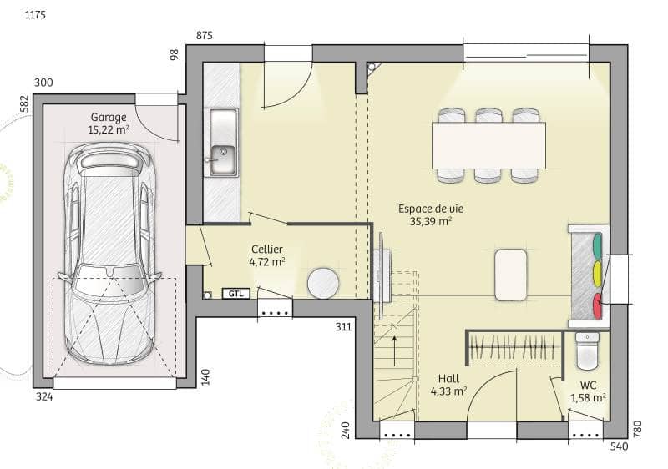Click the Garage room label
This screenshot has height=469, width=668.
(109, 118)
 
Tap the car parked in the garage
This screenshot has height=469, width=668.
(109, 255)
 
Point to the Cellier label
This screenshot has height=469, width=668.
(266, 249)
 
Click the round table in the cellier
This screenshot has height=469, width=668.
(322, 284)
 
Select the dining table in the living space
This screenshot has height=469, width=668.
(488, 145)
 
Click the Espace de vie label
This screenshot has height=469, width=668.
(431, 209)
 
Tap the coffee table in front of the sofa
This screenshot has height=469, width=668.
(511, 275)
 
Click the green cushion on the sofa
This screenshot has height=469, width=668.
(596, 245)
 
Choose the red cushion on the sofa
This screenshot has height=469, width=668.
(596, 304)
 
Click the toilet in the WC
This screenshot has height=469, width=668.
(588, 350)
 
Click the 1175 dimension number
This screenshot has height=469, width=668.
(35, 16)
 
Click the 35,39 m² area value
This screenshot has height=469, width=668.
(431, 222)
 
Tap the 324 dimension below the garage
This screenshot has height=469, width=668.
(44, 397)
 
